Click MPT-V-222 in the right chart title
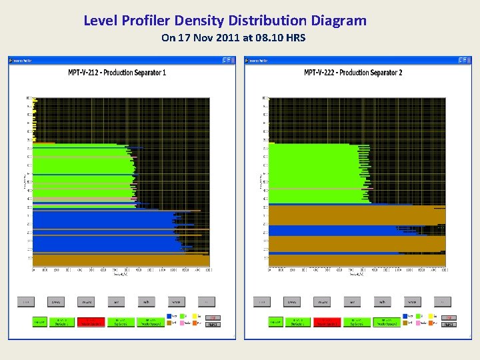click(x=321, y=72)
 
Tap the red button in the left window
click(x=93, y=322)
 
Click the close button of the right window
click(x=469, y=60)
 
